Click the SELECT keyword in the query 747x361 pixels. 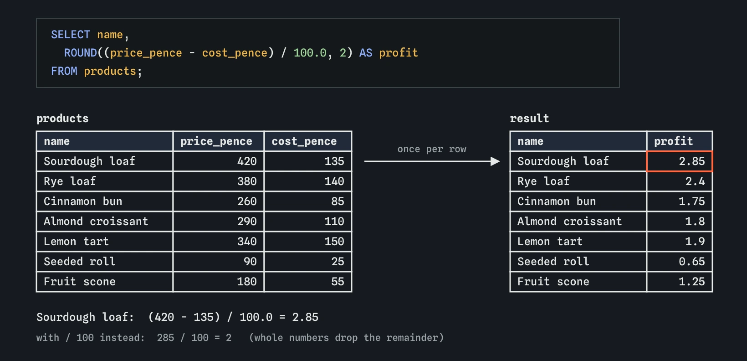(x=70, y=35)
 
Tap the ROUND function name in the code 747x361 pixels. (x=80, y=53)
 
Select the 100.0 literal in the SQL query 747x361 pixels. (x=310, y=53)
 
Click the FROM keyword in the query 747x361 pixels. (x=64, y=71)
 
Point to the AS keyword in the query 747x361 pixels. (x=366, y=53)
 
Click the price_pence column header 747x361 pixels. (x=216, y=141)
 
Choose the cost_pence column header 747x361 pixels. (x=304, y=141)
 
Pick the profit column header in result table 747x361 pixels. (x=673, y=141)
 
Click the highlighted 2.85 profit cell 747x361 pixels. (x=679, y=161)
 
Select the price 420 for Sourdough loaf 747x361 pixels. (x=247, y=161)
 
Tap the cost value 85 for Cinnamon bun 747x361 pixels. (x=338, y=201)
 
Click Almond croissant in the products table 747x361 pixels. (x=96, y=222)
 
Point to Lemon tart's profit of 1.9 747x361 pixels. (x=695, y=242)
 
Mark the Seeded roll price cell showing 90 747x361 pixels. (x=250, y=262)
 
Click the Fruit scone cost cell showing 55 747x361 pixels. (x=338, y=282)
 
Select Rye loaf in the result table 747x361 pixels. (x=543, y=181)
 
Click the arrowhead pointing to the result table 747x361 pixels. (x=495, y=161)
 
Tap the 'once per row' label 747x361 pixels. (x=432, y=149)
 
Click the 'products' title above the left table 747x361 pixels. (x=63, y=119)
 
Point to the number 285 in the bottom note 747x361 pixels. (x=165, y=338)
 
